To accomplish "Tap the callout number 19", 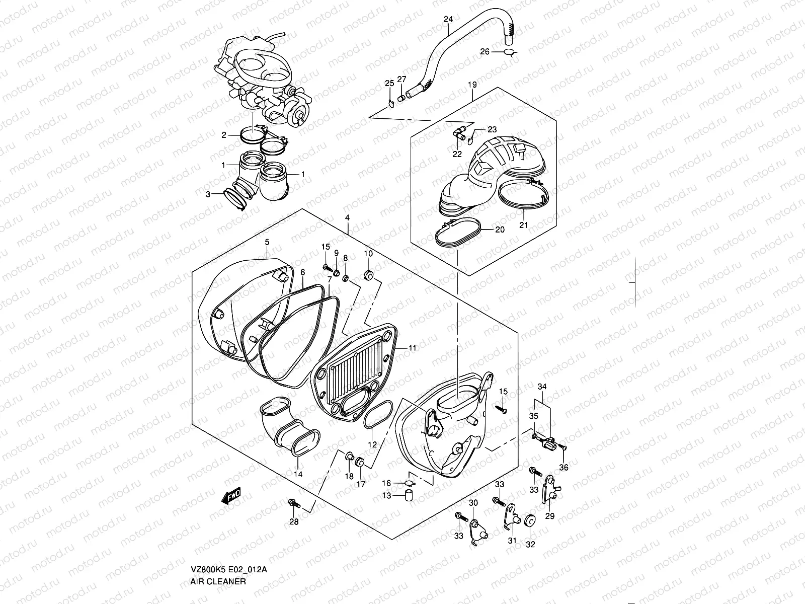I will (472, 85).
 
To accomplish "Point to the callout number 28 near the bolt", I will (294, 522).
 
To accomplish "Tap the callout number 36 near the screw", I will (563, 468).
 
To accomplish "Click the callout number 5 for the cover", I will (267, 242).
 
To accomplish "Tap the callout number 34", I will (541, 386).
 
